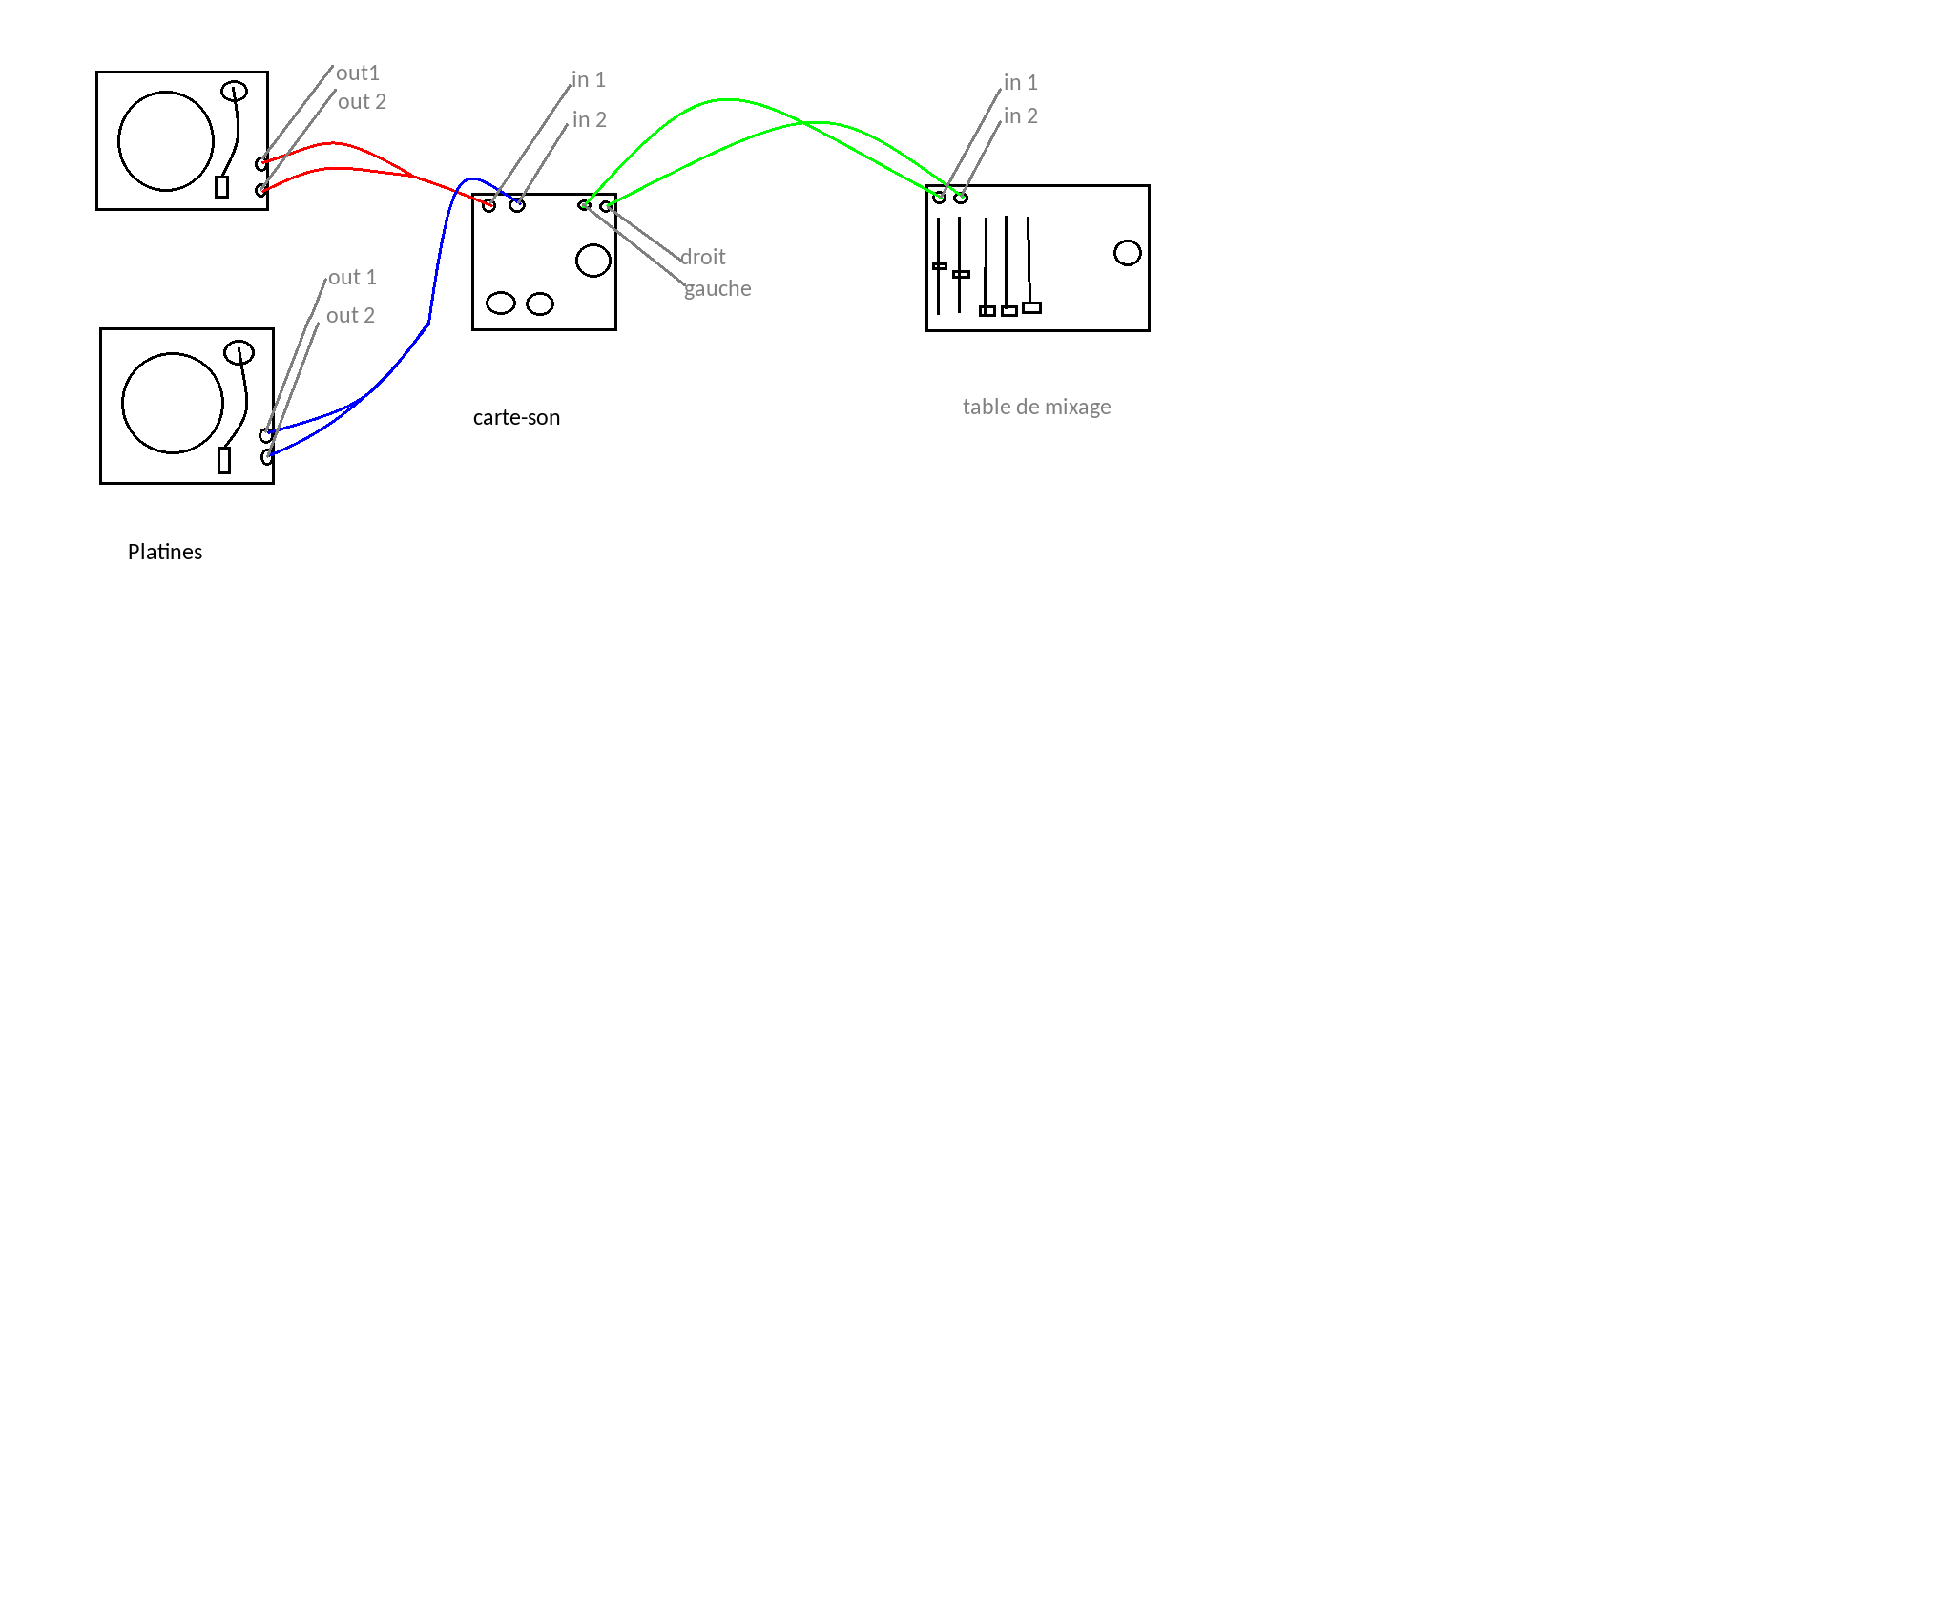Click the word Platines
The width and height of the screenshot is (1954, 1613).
165,552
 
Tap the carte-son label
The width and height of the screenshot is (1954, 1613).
516,417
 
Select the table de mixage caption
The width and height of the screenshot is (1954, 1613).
1036,407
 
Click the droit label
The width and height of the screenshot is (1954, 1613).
703,257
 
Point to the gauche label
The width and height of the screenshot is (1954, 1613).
717,288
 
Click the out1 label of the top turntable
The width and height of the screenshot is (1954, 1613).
358,73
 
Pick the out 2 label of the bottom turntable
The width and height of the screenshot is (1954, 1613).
350,315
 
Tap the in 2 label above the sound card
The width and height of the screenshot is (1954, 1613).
589,119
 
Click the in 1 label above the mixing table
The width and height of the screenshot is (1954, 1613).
1020,82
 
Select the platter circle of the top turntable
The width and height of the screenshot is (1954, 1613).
166,141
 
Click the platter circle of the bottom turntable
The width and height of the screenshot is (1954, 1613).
173,403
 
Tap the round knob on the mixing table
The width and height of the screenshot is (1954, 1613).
1127,253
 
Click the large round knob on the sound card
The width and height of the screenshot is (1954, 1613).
592,261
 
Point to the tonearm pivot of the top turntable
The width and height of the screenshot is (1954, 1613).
234,91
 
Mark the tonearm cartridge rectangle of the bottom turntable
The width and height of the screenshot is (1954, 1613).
224,460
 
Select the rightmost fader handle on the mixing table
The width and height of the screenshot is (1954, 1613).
1031,307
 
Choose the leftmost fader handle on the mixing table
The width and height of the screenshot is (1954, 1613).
940,266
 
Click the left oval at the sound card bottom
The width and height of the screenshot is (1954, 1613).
501,304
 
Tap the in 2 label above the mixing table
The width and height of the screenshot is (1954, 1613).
1020,115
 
